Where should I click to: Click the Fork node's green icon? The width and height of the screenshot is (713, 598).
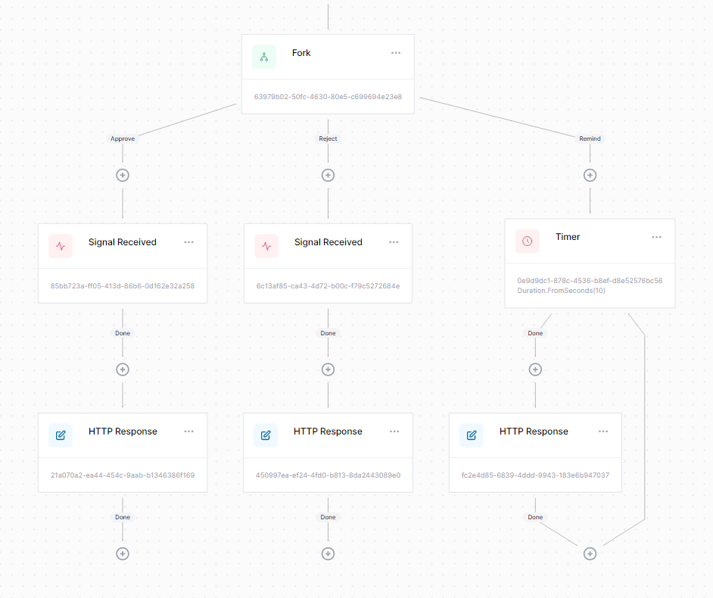[x=264, y=57]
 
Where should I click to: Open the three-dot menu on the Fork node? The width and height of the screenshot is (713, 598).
[x=396, y=53]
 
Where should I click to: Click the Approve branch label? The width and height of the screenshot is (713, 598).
[x=123, y=139]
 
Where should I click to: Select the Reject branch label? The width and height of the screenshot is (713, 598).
[x=328, y=139]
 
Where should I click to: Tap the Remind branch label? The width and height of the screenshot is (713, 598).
[x=590, y=139]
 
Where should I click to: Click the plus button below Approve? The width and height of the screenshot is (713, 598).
[x=123, y=175]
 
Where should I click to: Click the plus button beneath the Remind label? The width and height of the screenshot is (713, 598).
[x=590, y=175]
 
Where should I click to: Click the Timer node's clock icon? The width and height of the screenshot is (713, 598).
[x=528, y=241]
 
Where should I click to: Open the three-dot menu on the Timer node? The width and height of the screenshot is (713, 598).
[x=657, y=237]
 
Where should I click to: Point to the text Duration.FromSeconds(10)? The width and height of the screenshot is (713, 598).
[x=561, y=291]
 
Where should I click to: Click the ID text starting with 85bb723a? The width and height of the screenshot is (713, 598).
[x=123, y=286]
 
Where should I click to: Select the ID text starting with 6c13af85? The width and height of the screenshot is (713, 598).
[x=328, y=286]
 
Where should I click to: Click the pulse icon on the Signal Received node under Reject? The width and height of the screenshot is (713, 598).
[x=266, y=246]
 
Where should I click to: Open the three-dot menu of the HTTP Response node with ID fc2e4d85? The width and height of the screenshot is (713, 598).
[x=603, y=431]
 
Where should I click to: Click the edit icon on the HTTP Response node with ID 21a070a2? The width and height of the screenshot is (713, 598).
[x=61, y=435]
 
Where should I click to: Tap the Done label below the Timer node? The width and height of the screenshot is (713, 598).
[x=535, y=333]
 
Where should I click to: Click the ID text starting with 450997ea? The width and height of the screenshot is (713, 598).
[x=328, y=475]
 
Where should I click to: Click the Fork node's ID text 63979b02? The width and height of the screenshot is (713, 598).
[x=328, y=97]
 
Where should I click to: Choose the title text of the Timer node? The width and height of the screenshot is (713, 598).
[x=568, y=237]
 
